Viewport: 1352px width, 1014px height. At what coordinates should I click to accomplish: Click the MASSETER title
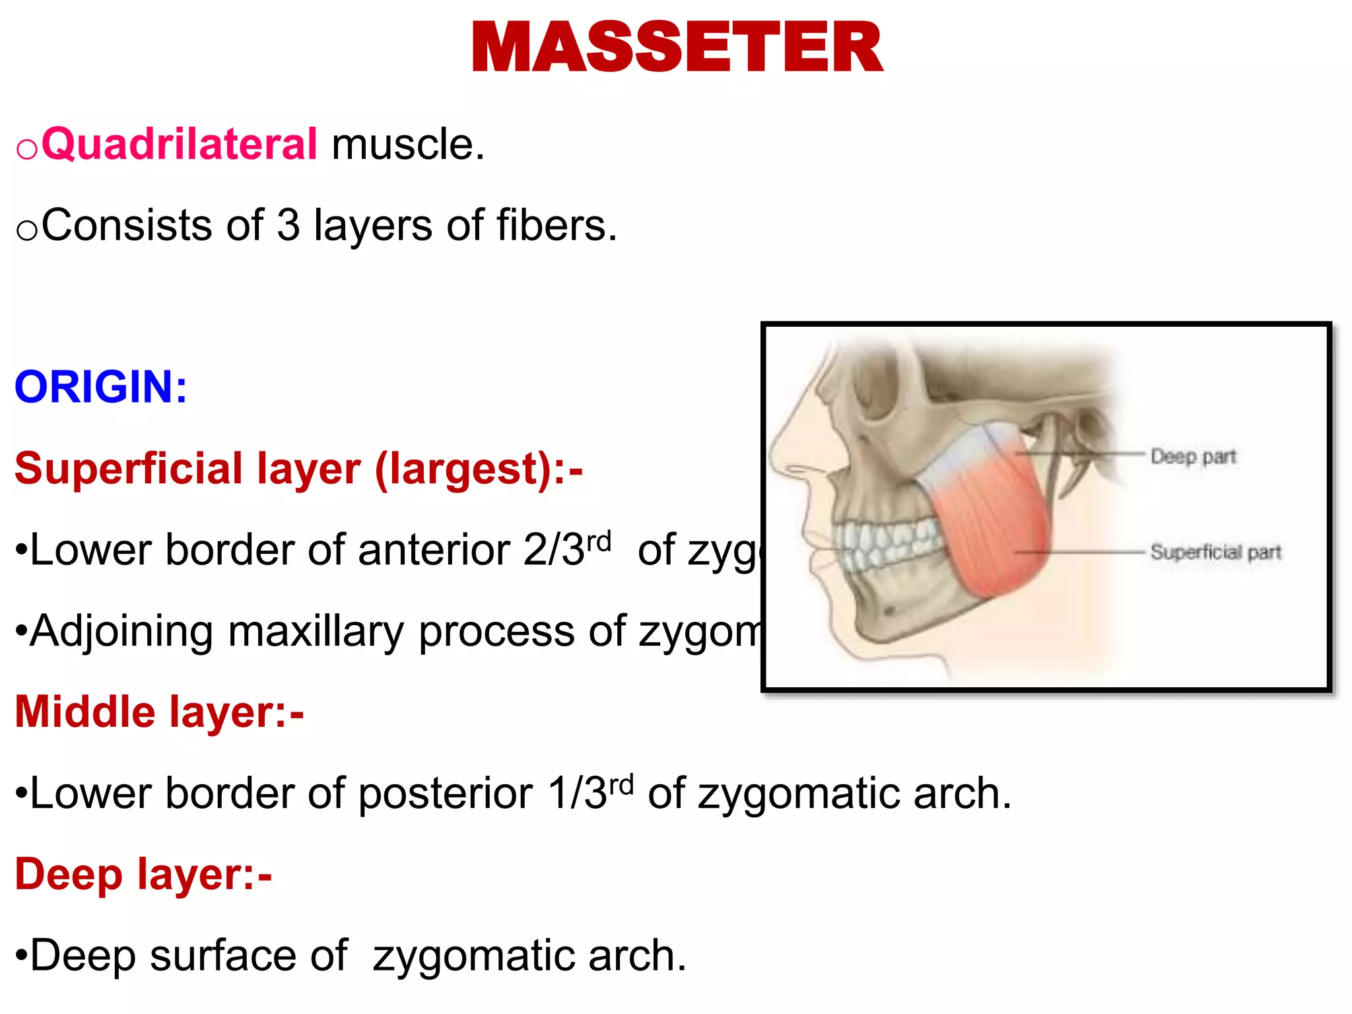[x=677, y=48]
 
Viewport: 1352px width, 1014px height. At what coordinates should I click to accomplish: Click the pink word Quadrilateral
[x=179, y=144]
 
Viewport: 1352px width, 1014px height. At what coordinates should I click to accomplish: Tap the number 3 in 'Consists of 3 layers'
[x=288, y=225]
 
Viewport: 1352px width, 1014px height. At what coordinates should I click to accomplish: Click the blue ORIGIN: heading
[x=101, y=387]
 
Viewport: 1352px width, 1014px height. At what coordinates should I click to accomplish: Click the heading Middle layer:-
[x=159, y=712]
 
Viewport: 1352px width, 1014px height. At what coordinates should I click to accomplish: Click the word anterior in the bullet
[x=434, y=550]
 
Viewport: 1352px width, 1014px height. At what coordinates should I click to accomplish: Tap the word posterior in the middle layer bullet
[x=446, y=793]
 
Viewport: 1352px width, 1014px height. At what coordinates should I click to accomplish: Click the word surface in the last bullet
[x=223, y=955]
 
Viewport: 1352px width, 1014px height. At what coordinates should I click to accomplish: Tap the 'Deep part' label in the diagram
[x=1192, y=457]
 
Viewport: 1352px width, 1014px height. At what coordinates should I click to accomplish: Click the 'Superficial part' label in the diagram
[x=1215, y=552]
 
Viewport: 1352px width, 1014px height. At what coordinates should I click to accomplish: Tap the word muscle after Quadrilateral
[x=407, y=144]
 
